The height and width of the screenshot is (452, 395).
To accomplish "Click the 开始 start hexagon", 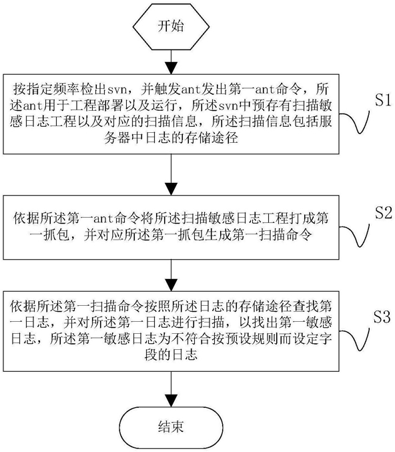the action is pyautogui.click(x=171, y=27).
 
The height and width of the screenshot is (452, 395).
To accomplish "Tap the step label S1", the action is pyautogui.click(x=383, y=100).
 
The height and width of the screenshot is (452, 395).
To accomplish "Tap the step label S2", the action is pyautogui.click(x=384, y=212).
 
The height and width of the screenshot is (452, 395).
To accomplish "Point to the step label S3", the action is pyautogui.click(x=382, y=317).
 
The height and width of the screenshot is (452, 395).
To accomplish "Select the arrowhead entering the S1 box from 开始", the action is pyautogui.click(x=171, y=68).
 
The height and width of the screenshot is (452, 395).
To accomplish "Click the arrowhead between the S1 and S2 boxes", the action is pyautogui.click(x=171, y=189).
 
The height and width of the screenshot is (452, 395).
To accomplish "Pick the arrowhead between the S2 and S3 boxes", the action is pyautogui.click(x=171, y=285).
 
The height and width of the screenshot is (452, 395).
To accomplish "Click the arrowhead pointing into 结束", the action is pyautogui.click(x=171, y=401).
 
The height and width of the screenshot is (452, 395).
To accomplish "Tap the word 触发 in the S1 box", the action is pyautogui.click(x=167, y=89).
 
